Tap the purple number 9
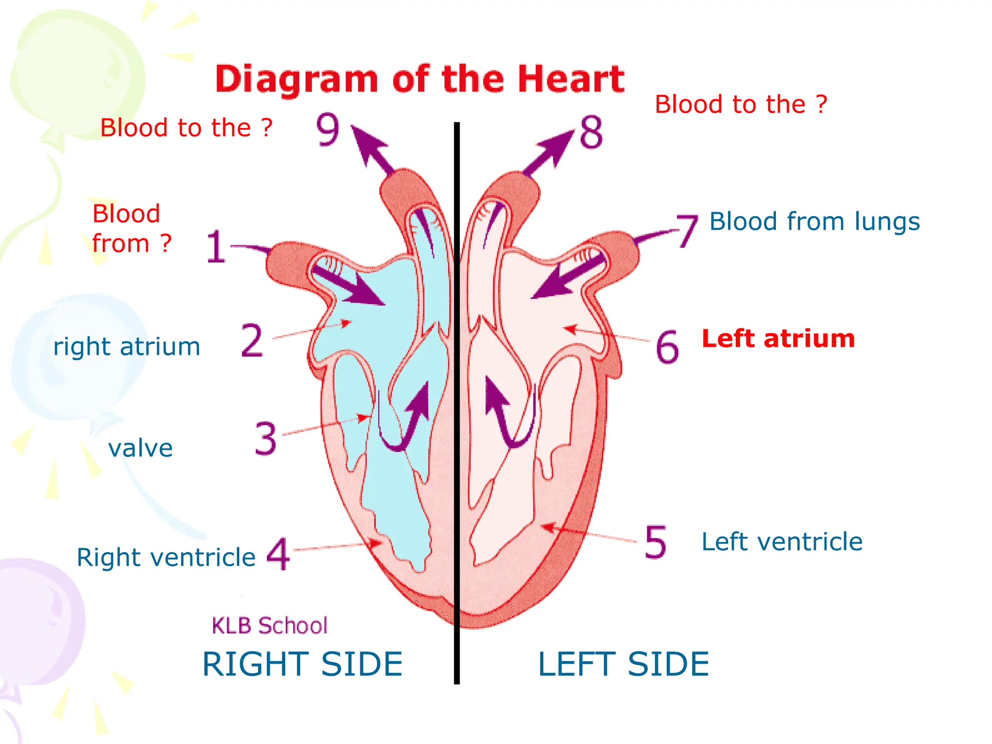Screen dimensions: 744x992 coord(328,129)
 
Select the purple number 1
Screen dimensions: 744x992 coord(216,247)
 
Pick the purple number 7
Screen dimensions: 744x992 coord(687,231)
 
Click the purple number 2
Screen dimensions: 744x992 coord(252,341)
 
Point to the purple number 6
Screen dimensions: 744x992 coord(667,347)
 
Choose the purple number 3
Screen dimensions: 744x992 coord(266,438)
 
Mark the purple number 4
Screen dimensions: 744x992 coord(279,554)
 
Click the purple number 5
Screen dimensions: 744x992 coord(655,542)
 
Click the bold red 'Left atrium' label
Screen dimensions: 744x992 coord(778,338)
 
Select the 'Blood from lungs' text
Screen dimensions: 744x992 coord(814,221)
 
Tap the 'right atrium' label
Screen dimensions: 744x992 coord(126,347)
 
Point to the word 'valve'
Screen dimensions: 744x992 coord(140,448)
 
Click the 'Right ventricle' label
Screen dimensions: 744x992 coord(166,557)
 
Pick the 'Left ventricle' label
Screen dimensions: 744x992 coord(782,542)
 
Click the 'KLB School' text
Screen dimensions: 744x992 coord(270,625)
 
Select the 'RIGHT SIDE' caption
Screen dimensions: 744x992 coord(302,664)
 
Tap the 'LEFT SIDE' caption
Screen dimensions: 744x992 coord(623,664)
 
